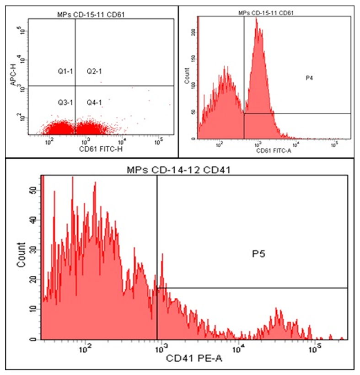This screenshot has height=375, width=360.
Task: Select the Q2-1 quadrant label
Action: click(94, 71)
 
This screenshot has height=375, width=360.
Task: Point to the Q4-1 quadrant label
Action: click(94, 102)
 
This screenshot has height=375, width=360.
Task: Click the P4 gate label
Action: click(310, 78)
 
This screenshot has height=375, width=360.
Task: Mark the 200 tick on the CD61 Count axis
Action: click(193, 33)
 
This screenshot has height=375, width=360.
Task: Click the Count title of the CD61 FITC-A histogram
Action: click(187, 74)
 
